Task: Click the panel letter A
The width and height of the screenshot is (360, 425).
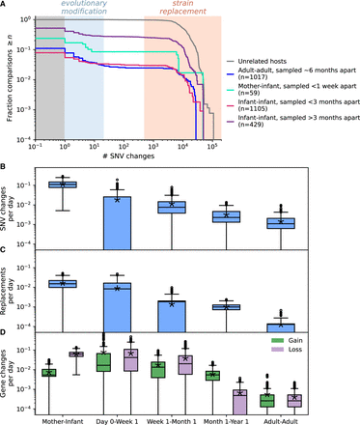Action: [x=6, y=6]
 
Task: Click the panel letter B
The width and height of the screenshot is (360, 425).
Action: [x=6, y=170]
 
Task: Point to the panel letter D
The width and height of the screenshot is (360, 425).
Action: [x=6, y=334]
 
